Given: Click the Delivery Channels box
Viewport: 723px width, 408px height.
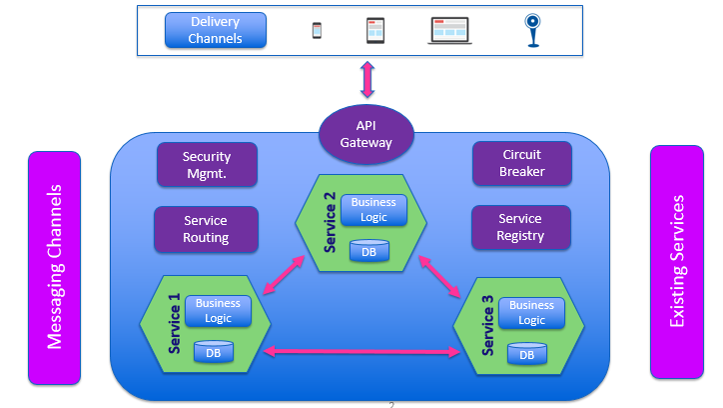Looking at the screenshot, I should [x=216, y=30].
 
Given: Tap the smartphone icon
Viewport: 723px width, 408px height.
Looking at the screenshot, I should [x=318, y=30].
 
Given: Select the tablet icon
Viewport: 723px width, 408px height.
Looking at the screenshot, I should [x=375, y=30].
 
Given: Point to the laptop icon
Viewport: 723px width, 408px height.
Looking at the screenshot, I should [x=450, y=30].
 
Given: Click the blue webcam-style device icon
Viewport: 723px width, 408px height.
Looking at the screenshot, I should [x=533, y=29].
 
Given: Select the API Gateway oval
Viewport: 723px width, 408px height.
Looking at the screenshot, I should [x=365, y=134].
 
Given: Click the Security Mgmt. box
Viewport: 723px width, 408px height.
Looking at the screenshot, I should [x=207, y=164].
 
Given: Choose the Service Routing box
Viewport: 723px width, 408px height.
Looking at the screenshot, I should [x=207, y=229].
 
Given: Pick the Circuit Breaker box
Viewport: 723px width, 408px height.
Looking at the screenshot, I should [x=521, y=164].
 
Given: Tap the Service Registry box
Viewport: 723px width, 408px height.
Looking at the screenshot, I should [x=520, y=227].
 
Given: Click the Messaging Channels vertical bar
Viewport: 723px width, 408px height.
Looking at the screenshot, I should [x=54, y=267].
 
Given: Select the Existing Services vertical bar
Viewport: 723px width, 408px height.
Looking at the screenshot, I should [x=677, y=262].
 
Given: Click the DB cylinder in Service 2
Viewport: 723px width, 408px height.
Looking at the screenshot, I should [x=368, y=251].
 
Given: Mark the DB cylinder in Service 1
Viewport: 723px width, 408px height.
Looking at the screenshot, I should [x=213, y=351].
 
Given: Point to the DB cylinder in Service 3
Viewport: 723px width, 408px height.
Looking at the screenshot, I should [x=527, y=353].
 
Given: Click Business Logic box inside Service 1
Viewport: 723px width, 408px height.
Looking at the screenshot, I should [x=218, y=311].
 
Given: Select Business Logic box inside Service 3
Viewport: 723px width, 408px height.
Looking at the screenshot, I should [x=531, y=312].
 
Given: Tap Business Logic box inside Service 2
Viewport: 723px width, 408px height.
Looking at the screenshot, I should [x=373, y=209].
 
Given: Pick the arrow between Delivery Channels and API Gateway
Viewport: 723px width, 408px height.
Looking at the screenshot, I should [x=366, y=79].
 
